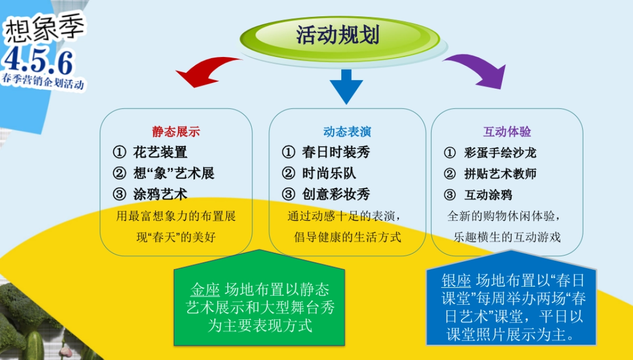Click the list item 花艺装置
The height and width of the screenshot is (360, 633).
[160, 153]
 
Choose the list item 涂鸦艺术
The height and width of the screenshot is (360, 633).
[160, 194]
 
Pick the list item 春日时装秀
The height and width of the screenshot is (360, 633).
[336, 153]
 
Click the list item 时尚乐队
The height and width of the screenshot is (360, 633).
[329, 173]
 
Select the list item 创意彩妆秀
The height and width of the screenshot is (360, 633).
[336, 194]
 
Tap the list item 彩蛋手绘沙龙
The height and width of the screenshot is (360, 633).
[500, 153]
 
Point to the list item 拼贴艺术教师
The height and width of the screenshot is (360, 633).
[500, 174]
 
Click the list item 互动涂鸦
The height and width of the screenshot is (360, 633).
[488, 195]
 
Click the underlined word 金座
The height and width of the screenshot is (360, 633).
[205, 290]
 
